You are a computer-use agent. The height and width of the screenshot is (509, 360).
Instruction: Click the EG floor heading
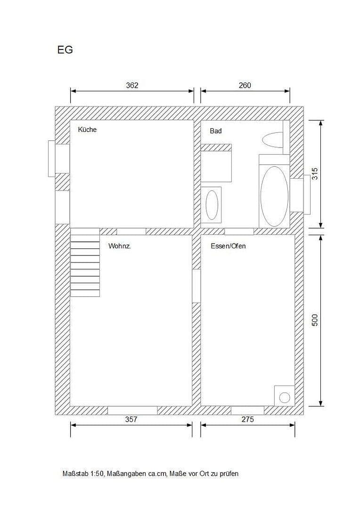tap(65, 50)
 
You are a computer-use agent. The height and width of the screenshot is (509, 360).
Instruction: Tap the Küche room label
tap(87, 129)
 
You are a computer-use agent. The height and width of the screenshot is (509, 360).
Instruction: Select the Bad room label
tap(215, 131)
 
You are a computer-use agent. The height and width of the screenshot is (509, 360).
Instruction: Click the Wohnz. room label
tap(119, 246)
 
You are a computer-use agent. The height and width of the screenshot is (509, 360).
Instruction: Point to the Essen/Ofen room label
tap(228, 246)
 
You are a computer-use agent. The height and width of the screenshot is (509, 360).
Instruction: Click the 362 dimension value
tap(132, 85)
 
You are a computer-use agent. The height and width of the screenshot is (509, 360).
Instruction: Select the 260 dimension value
tap(245, 85)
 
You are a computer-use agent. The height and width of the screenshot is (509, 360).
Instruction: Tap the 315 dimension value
tap(315, 173)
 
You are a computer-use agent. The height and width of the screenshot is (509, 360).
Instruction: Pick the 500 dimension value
tap(315, 320)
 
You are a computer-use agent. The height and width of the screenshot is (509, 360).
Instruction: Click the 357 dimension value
tap(131, 419)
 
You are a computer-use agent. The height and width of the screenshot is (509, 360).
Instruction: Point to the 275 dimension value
tap(247, 419)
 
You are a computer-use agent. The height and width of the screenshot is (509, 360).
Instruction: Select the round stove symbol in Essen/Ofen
tap(285, 397)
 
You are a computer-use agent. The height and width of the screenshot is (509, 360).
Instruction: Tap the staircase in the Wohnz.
tap(85, 263)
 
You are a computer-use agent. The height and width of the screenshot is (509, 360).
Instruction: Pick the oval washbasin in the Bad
tap(212, 205)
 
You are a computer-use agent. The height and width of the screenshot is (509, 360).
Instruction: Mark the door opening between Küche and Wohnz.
tap(131, 231)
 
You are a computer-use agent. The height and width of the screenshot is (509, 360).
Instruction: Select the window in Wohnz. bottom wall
tap(132, 410)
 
